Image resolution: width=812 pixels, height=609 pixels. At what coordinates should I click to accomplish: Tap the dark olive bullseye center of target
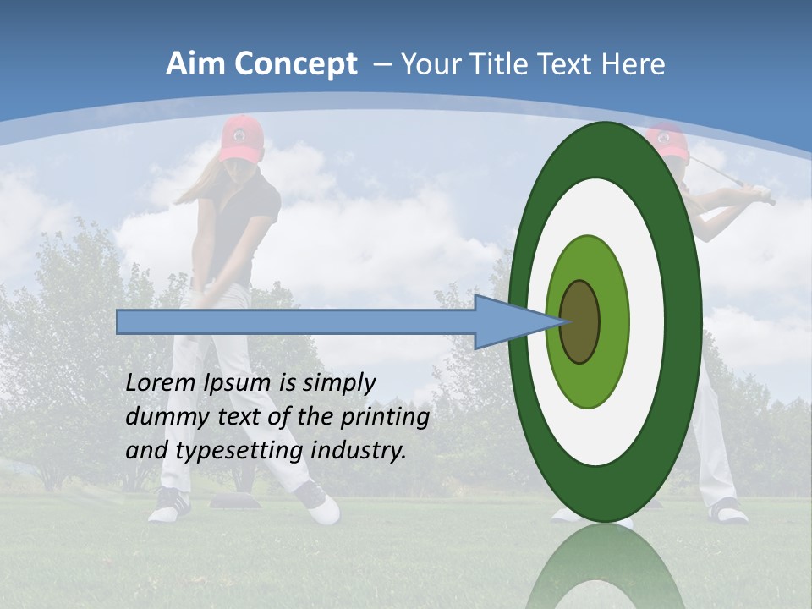[580, 321]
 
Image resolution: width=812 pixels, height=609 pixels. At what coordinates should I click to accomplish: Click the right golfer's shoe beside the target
[727, 510]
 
